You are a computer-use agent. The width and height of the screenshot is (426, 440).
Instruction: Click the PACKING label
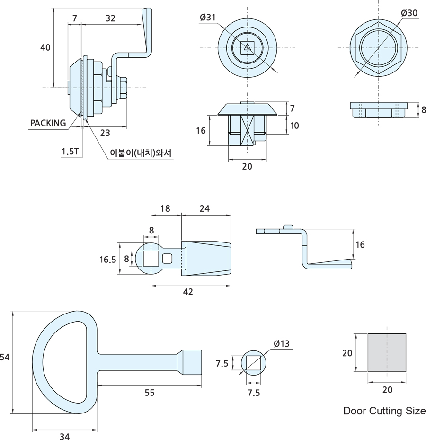pos(48,123)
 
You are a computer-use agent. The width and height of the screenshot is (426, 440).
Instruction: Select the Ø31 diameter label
pos(208,18)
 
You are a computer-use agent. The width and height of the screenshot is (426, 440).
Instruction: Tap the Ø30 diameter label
pos(409,13)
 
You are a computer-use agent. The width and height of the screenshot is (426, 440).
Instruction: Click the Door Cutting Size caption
pos(384,411)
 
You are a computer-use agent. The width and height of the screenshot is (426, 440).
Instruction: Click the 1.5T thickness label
pos(70,152)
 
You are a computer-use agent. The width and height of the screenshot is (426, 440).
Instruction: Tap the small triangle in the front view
pos(247,46)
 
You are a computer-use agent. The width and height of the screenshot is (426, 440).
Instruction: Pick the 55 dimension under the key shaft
pos(150,393)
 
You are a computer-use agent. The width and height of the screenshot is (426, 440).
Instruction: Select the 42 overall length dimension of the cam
pos(188,292)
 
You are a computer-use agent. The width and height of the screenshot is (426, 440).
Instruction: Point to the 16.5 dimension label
pos(108,259)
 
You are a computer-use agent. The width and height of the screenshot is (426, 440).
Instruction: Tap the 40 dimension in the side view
pos(45,47)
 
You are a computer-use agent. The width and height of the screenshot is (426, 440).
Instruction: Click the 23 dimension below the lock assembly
pos(105,133)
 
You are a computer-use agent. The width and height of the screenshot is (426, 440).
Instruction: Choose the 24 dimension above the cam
pos(204,208)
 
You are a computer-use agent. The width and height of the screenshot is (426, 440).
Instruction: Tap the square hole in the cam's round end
pos(151,259)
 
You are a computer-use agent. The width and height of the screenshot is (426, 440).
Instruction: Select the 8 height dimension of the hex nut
pos(423,110)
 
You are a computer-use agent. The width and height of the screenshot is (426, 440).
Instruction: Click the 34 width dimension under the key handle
pos(64,437)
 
